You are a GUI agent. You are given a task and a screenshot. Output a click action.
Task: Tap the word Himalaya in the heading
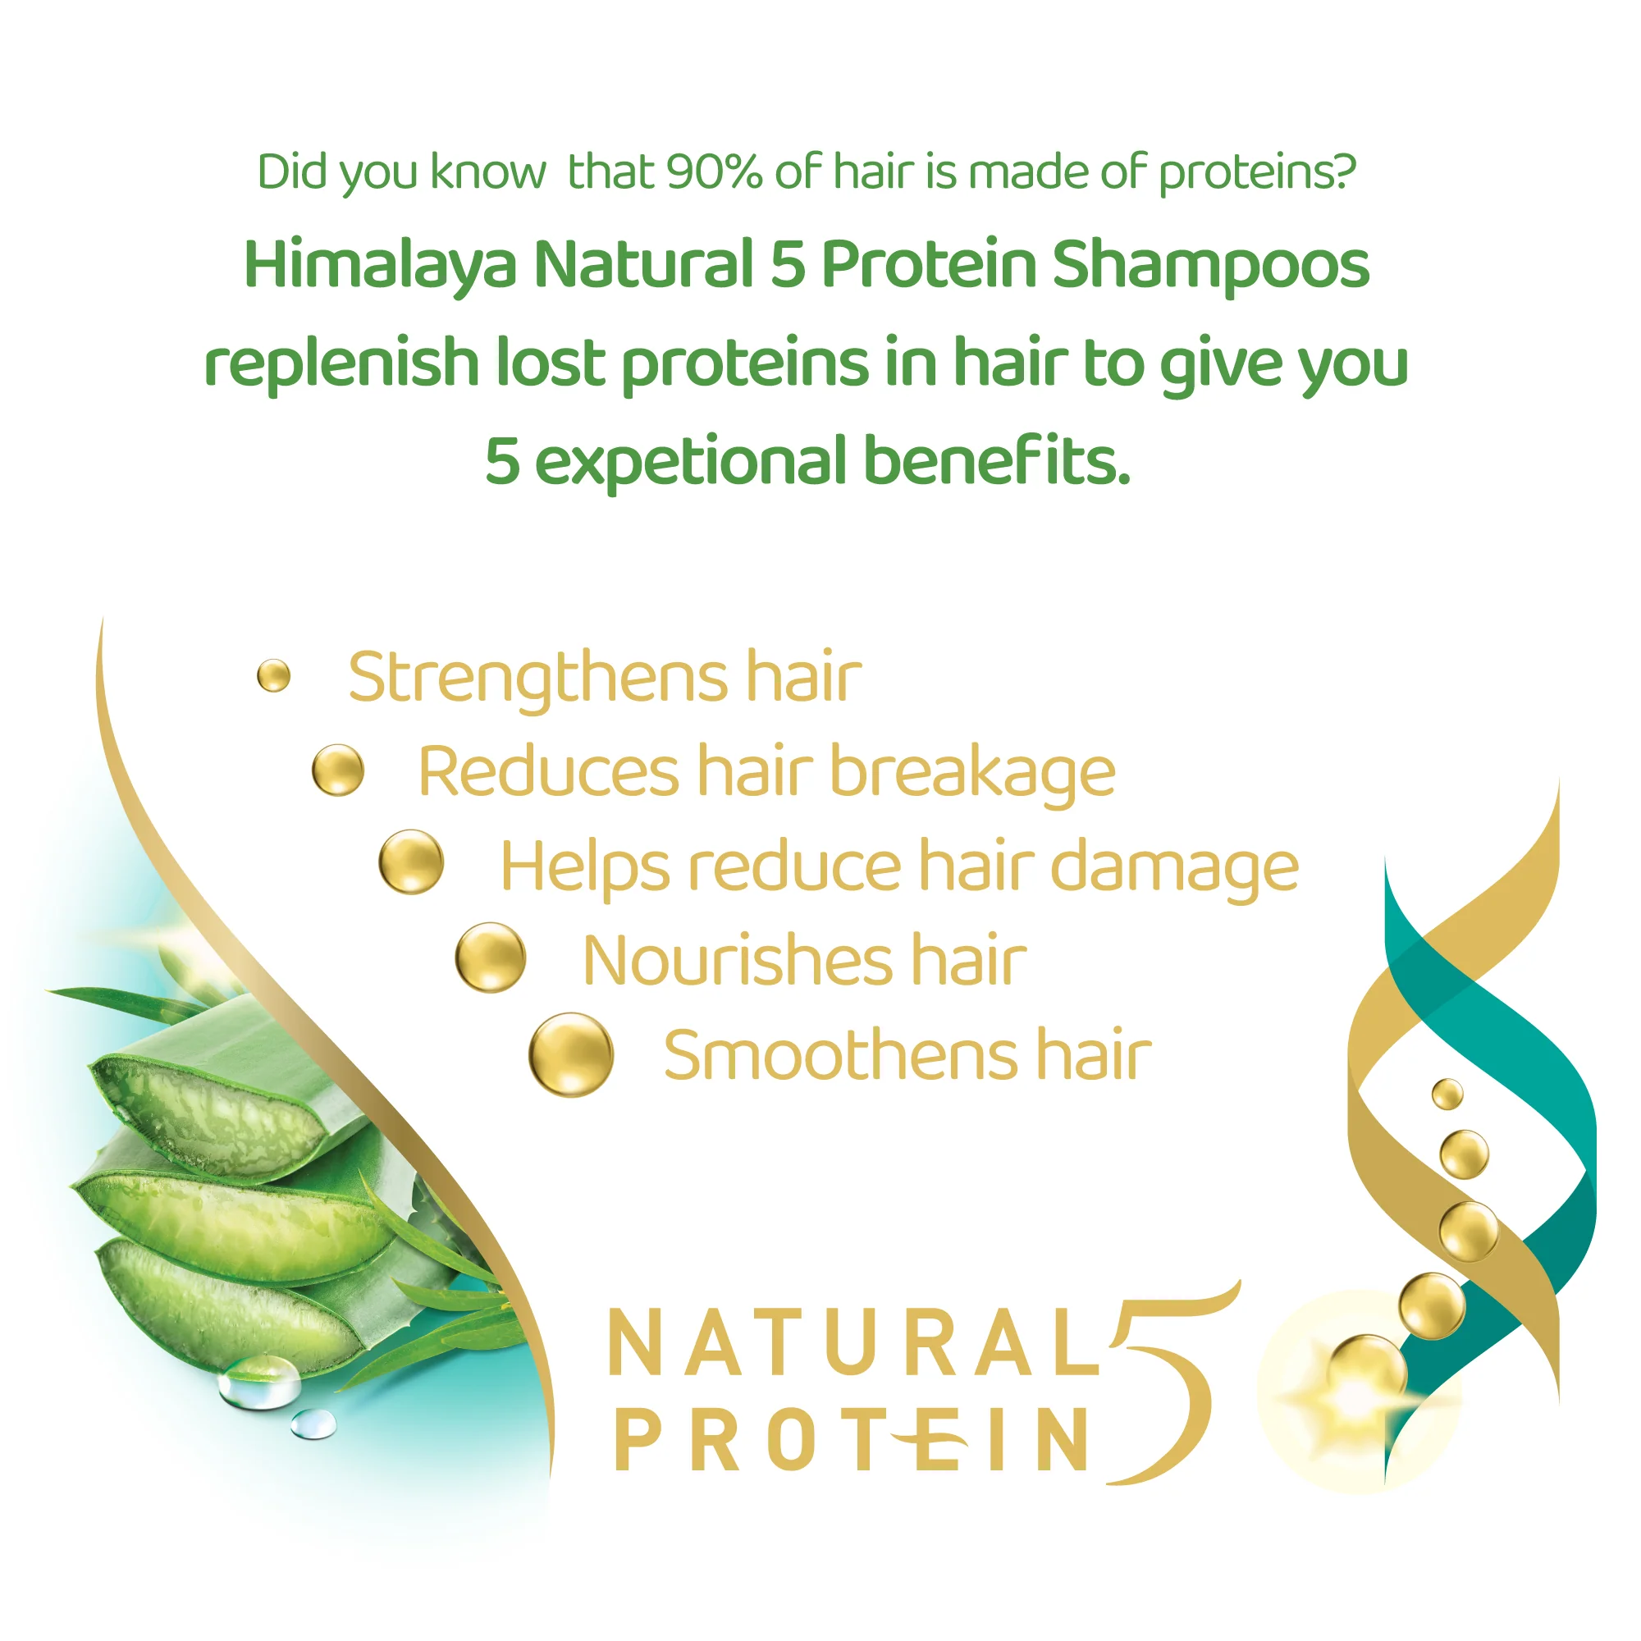[x=380, y=265]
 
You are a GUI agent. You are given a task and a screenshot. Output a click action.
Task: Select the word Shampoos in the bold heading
[x=1210, y=265]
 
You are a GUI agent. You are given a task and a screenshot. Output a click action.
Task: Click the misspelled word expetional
[x=690, y=461]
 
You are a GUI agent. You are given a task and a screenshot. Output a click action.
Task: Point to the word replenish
[x=342, y=363]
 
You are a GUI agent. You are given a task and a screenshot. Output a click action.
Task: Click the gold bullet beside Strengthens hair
[x=273, y=676]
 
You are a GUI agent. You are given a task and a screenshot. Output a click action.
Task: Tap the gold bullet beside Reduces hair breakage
[x=338, y=770]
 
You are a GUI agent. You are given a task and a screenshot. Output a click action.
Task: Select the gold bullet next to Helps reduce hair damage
[x=411, y=862]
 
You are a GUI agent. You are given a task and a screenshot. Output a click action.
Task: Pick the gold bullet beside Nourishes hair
[x=490, y=958]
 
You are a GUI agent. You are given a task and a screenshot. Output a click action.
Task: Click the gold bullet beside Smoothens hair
[x=571, y=1055]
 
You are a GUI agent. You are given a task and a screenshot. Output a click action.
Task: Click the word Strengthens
[x=538, y=679]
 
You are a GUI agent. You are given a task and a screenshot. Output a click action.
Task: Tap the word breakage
[x=972, y=773]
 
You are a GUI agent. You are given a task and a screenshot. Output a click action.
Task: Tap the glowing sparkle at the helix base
[x=1356, y=1394]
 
